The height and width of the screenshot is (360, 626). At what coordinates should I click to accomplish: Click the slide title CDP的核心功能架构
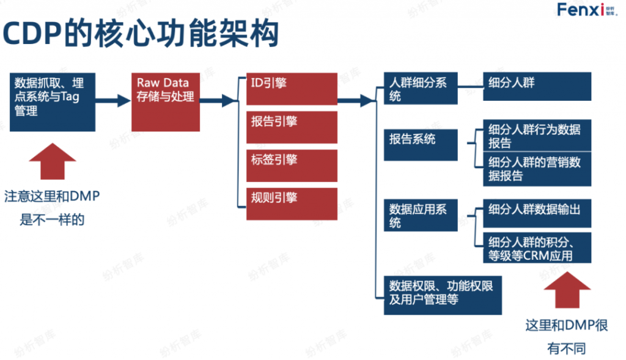pos(141,34)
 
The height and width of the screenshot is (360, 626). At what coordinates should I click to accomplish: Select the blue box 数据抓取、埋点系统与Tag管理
pos(52,101)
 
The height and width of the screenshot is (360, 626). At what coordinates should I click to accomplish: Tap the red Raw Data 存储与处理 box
pos(166,101)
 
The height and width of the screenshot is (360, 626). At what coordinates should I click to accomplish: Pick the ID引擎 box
pos(292,89)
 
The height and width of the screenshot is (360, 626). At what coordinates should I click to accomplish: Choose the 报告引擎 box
pos(292,127)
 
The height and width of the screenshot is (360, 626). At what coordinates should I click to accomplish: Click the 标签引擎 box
pos(292,165)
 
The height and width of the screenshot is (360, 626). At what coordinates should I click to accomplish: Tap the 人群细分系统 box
pos(421,89)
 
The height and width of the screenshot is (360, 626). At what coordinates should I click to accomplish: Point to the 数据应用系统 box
pos(421,215)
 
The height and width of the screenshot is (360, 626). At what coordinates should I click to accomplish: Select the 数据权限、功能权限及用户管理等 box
pos(443,293)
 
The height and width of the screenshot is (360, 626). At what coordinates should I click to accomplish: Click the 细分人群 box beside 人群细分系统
pos(537,87)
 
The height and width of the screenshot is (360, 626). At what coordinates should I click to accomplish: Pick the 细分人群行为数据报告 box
pos(537,135)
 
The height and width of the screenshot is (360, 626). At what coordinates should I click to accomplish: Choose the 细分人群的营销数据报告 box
pos(537,169)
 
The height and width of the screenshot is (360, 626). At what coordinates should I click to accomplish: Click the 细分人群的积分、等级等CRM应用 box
pos(537,248)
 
